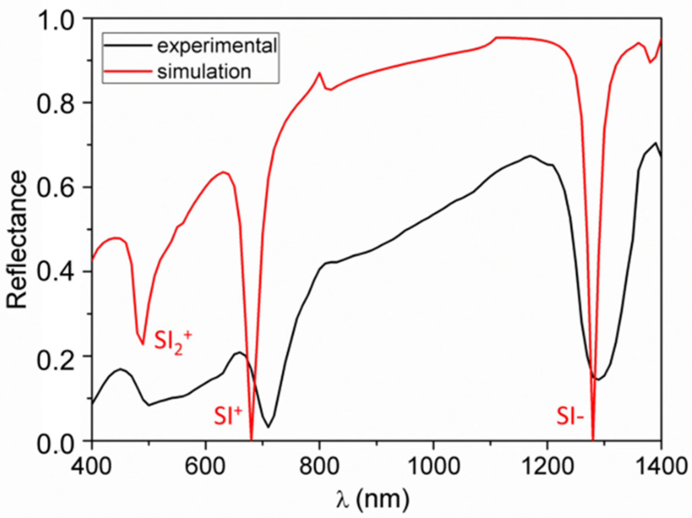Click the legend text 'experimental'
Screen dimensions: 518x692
point(217,46)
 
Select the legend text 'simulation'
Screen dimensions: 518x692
point(204,72)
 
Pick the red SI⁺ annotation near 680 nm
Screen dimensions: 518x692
point(228,416)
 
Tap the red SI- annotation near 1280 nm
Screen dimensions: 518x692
point(570,418)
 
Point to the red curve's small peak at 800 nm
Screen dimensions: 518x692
point(319,73)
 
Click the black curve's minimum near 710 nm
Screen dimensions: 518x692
point(269,427)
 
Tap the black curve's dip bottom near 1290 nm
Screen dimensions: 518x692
point(598,380)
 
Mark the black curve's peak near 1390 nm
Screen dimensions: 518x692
point(655,142)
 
